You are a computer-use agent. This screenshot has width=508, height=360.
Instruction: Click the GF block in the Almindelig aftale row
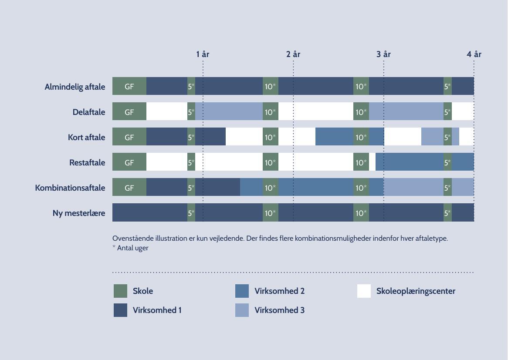[129, 86]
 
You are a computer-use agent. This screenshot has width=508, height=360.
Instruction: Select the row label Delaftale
[89, 112]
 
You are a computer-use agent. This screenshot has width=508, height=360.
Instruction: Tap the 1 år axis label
[203, 54]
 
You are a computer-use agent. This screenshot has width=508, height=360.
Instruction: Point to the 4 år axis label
[474, 54]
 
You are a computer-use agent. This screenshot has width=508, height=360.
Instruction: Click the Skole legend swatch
[120, 291]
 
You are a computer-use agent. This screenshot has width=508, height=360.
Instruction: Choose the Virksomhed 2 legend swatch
[242, 291]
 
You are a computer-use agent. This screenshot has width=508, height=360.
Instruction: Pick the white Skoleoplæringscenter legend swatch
[364, 291]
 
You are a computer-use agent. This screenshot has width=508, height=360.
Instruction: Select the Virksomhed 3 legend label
[279, 310]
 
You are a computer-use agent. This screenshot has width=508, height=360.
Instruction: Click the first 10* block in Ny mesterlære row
[271, 213]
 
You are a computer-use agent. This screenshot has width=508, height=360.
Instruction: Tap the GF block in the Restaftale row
[129, 162]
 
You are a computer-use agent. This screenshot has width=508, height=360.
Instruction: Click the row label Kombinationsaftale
[70, 188]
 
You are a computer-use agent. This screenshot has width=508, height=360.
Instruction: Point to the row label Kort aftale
[86, 137]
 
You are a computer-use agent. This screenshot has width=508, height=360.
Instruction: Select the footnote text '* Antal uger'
[130, 248]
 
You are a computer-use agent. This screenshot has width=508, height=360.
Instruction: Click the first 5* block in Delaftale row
[191, 112]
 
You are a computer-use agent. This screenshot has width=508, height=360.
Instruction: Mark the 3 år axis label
[383, 54]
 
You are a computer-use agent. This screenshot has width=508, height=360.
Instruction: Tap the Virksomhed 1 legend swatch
[120, 310]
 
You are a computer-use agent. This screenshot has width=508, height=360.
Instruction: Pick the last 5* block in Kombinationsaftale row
[447, 188]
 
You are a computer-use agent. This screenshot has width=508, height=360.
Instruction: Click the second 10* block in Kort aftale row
[361, 137]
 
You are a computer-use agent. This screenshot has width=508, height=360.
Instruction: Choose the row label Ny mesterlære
[79, 213]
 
